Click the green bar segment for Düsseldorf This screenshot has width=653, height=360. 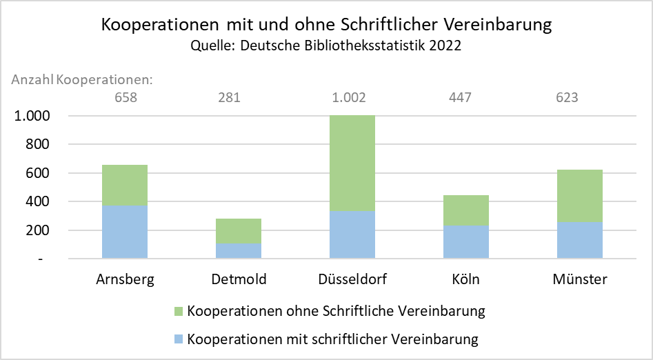tap(352, 163)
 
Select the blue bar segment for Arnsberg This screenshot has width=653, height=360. tap(125, 232)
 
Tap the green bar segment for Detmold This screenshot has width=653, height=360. tap(239, 231)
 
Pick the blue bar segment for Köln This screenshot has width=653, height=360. tap(466, 242)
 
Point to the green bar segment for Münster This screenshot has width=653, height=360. tap(580, 196)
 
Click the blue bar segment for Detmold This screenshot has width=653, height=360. tap(239, 251)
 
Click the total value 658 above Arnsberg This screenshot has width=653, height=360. tap(125, 97)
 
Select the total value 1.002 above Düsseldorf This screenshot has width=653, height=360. tap(349, 97)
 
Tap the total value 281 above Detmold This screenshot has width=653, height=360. tap(229, 97)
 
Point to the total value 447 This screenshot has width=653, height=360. tap(460, 97)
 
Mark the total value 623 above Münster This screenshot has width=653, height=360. tap(567, 97)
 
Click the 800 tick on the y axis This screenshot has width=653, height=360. tap(38, 144)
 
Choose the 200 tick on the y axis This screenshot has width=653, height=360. tap(38, 230)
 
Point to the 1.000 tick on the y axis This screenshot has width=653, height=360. tap(32, 116)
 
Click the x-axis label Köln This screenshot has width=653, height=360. tap(465, 279)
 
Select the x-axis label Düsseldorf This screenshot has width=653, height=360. tap(352, 279)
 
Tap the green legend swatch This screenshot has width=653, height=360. tap(179, 311)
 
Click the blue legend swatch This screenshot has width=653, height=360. tap(179, 339)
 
